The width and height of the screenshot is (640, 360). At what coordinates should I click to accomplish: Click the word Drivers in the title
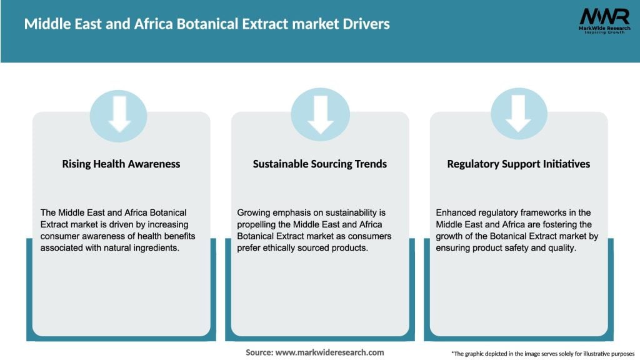point(366,24)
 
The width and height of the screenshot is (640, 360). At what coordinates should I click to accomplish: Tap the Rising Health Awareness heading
point(121,164)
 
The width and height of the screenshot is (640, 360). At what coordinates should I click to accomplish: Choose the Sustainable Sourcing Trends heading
point(320,164)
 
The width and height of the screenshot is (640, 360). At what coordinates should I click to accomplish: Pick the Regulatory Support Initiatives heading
point(519,164)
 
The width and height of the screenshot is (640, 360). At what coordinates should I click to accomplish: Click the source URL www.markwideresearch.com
point(329,352)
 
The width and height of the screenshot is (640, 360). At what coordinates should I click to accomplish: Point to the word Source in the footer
point(259,352)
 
